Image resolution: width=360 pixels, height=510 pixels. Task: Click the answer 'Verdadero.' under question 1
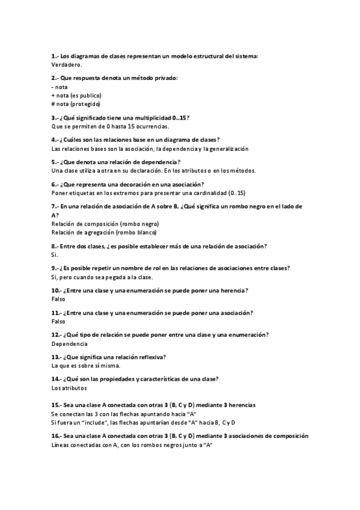pyautogui.click(x=67, y=64)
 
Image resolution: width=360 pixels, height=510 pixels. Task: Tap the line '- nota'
pyautogui.click(x=59, y=87)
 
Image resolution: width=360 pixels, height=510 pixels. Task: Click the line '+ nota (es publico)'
pyautogui.click(x=76, y=95)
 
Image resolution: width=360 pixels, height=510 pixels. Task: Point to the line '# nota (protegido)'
pyautogui.click(x=76, y=103)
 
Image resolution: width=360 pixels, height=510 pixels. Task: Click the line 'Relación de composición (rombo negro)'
pyautogui.click(x=105, y=223)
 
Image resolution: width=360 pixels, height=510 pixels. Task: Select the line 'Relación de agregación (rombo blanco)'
pyautogui.click(x=104, y=232)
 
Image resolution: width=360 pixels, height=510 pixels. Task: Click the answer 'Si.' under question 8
pyautogui.click(x=55, y=254)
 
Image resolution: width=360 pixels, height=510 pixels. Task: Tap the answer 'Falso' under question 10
pyautogui.click(x=58, y=299)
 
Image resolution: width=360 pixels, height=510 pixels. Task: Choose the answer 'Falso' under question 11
pyautogui.click(x=58, y=321)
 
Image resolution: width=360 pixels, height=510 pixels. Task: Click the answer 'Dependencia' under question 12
pyautogui.click(x=69, y=343)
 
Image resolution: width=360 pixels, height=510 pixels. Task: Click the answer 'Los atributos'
pyautogui.click(x=69, y=388)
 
